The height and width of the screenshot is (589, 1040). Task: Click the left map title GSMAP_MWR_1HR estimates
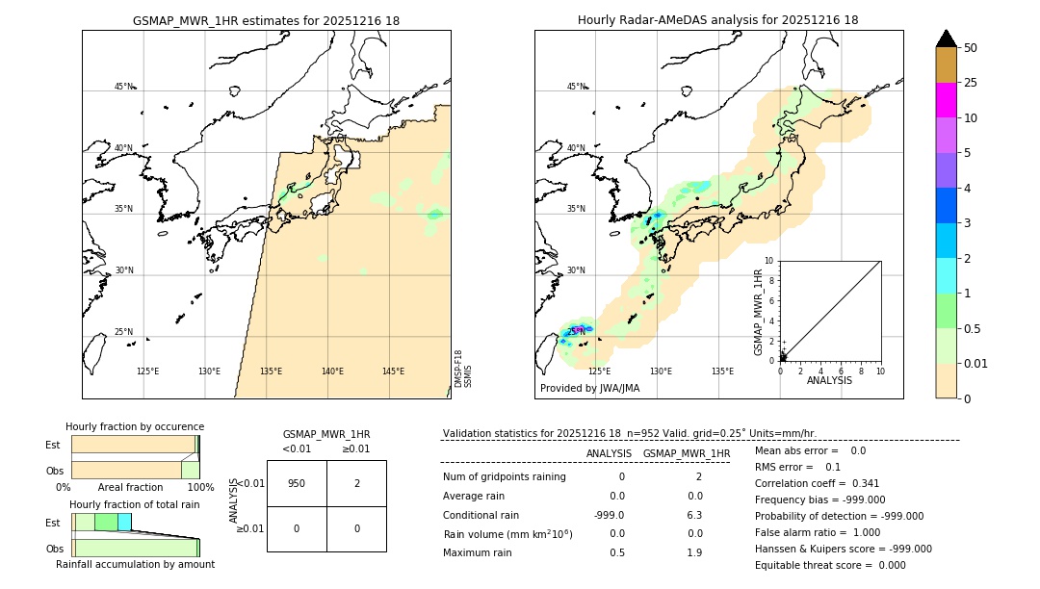[266, 20]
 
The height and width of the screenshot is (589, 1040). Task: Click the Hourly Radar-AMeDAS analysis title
[717, 20]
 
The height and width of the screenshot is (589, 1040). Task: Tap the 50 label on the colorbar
[971, 48]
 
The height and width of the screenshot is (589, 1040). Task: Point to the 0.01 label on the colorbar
[976, 363]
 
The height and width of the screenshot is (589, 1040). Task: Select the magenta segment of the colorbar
[946, 100]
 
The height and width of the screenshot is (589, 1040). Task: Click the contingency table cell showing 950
[297, 483]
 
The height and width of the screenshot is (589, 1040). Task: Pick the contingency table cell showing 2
[356, 483]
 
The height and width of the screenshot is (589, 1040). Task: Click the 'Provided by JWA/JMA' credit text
[589, 389]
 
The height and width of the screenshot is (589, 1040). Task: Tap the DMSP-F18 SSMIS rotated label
[462, 369]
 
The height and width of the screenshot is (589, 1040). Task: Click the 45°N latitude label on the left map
[123, 87]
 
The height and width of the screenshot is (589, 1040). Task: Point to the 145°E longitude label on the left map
[393, 371]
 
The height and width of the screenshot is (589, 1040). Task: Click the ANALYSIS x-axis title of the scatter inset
[829, 380]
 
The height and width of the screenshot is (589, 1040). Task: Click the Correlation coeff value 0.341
[859, 483]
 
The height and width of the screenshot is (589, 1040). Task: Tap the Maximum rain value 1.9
[694, 552]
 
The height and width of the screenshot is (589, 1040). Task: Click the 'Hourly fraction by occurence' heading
[135, 426]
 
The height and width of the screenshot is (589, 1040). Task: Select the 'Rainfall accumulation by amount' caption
[135, 564]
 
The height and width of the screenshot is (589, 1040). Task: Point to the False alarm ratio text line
[818, 532]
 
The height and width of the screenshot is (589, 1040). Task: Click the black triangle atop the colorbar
[946, 38]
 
